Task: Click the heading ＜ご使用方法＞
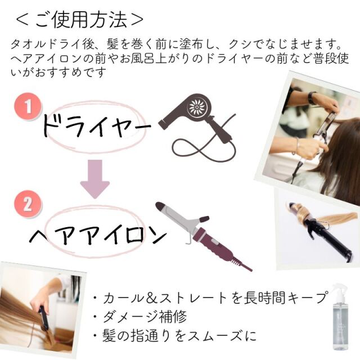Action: pos(80,20)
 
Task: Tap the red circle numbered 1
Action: pos(28,106)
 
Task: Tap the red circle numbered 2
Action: pos(28,204)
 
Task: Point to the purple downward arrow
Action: pos(95,179)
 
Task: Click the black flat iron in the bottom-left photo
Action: pos(44,318)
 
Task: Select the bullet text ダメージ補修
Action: pos(145,317)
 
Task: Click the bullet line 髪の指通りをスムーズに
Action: pos(179,336)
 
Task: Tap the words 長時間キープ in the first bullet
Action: pos(285,298)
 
